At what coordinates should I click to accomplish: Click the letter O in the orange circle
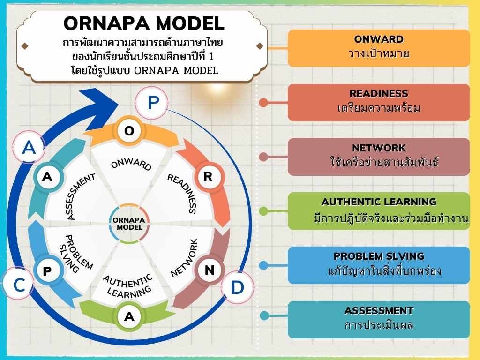tap(129, 131)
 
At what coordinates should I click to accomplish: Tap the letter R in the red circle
tap(208, 176)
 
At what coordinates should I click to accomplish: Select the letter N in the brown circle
tap(210, 270)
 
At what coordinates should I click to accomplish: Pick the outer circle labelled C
tap(19, 284)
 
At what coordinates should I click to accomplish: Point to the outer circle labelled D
tap(237, 287)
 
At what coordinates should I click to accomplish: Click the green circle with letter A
tap(129, 316)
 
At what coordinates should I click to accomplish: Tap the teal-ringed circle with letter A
tap(47, 177)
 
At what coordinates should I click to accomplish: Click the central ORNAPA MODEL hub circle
tap(129, 224)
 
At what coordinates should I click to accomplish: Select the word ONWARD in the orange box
tap(379, 39)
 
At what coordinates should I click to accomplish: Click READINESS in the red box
tap(379, 93)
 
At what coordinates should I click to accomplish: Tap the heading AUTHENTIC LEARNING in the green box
tap(379, 202)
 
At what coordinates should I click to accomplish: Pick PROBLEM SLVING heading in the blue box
tap(379, 256)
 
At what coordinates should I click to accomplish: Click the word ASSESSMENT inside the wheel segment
tap(81, 196)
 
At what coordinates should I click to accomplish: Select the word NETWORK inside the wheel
tap(184, 258)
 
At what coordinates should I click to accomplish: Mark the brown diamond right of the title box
tap(260, 46)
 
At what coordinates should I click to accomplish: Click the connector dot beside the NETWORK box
tap(263, 157)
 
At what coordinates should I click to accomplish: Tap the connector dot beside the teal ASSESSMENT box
tap(264, 315)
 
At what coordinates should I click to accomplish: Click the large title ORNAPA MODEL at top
tap(144, 23)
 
